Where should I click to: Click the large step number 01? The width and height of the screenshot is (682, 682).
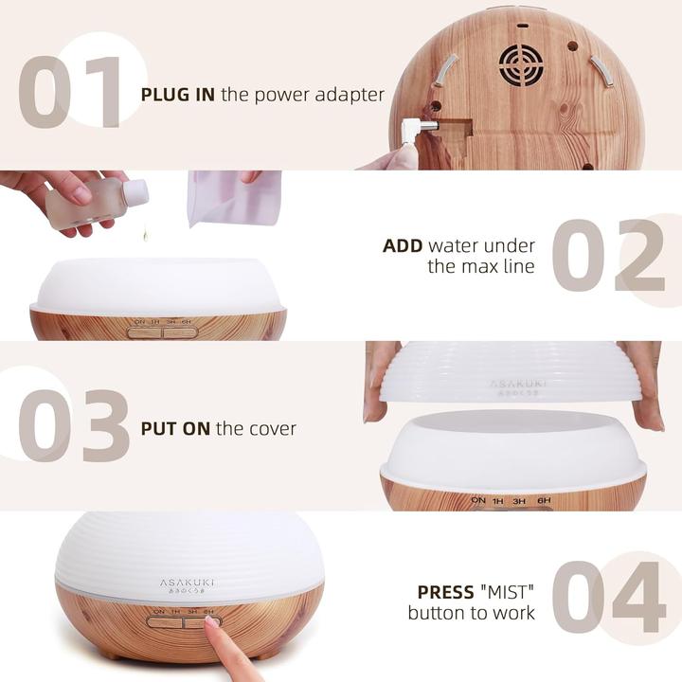71,93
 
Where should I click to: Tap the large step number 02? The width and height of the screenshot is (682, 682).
607,256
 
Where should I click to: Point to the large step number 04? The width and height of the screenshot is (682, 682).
609,597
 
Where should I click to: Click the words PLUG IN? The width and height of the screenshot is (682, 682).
179,94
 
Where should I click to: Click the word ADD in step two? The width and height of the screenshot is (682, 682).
403,246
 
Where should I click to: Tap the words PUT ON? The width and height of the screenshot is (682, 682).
175,428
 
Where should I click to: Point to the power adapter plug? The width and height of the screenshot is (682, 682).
415,131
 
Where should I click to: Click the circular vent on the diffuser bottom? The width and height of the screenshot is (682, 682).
520,63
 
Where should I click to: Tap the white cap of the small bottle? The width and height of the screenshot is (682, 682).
135,193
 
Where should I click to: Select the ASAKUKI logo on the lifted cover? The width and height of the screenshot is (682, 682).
518,385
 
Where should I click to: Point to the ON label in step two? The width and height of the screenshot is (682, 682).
139,322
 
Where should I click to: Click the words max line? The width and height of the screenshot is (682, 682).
480,266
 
